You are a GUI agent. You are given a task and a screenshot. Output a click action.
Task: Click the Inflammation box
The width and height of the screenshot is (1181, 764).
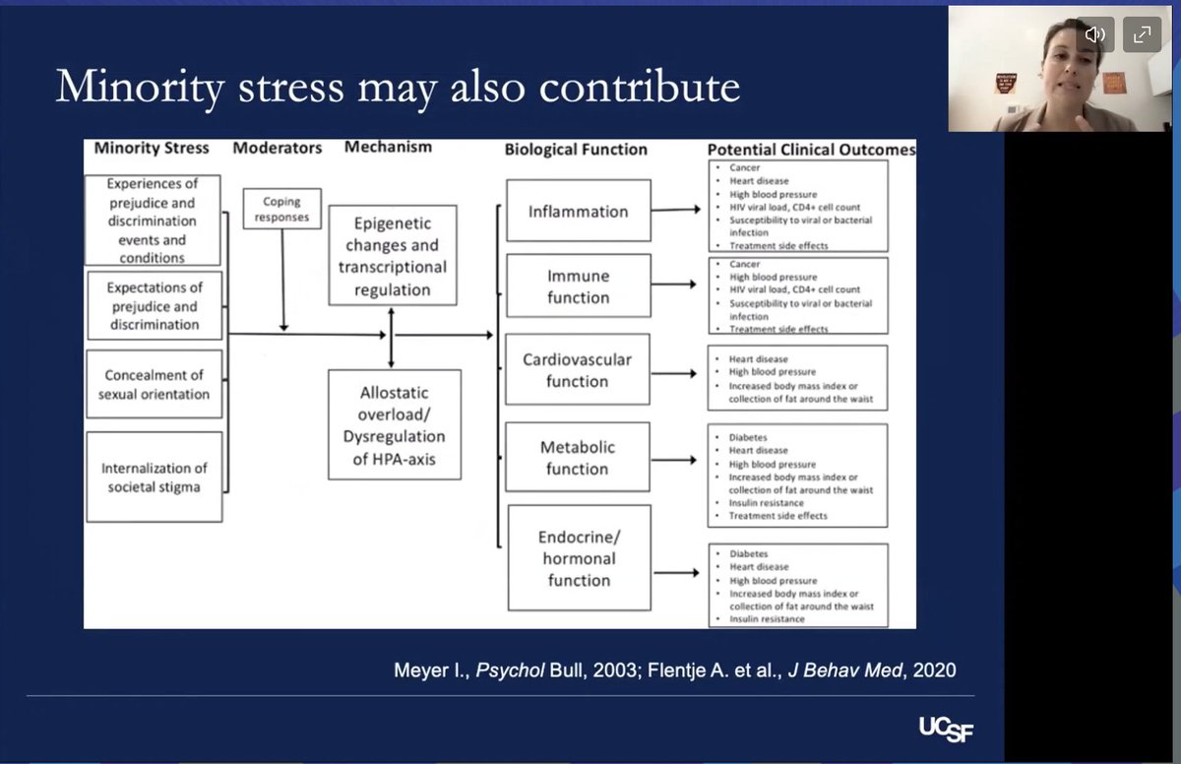pos(579,211)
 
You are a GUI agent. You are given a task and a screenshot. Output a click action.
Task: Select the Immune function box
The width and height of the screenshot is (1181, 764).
pos(579,286)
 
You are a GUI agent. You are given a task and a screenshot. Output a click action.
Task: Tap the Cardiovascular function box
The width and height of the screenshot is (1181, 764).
pos(578,369)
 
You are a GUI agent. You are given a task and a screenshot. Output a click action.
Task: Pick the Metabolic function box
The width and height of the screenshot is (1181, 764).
pos(578,457)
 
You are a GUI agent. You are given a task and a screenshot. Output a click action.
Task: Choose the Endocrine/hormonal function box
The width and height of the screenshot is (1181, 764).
pos(579,558)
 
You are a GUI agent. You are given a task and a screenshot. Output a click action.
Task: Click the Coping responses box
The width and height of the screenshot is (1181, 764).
pos(282,209)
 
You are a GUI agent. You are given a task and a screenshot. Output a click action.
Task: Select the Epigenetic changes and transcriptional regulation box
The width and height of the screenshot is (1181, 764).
pos(393,255)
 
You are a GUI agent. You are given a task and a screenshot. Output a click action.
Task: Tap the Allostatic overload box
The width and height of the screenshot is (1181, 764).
pos(395,424)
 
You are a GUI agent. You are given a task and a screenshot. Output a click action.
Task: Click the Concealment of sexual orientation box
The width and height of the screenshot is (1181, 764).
pos(154,384)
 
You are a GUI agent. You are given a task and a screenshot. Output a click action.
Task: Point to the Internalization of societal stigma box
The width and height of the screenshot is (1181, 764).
pos(154,477)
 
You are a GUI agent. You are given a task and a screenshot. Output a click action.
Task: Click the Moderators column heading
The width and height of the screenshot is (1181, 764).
pos(278,148)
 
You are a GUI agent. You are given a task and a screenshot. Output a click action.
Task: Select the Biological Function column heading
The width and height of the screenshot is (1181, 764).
pos(576,150)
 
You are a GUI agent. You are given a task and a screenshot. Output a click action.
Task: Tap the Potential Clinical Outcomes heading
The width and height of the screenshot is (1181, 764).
pos(811,150)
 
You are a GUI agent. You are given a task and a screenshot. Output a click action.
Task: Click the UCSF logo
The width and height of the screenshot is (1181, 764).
pos(947,730)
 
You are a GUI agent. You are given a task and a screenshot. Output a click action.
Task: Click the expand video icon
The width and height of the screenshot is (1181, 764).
pos(1142,34)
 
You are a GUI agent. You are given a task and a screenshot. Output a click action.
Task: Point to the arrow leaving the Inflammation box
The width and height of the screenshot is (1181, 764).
pos(676,210)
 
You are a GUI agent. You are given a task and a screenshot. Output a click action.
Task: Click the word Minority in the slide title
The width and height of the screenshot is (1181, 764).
pos(140,87)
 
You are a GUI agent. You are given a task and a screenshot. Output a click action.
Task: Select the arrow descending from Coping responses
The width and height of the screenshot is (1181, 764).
pos(282,281)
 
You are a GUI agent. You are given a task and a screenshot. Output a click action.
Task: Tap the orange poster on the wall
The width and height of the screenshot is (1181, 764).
pos(1114,83)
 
